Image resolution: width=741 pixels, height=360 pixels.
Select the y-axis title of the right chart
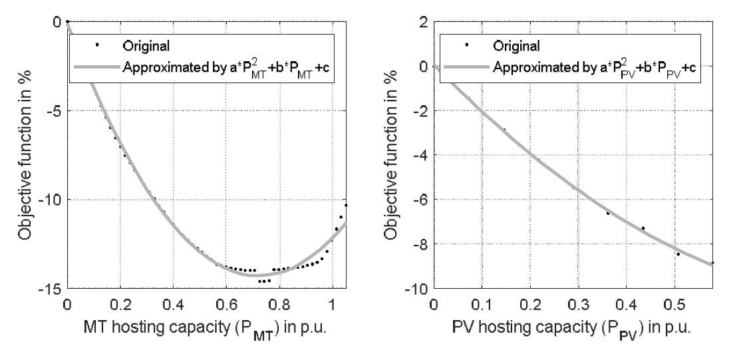[392, 155]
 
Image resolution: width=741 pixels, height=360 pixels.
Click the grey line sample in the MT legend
[97, 66]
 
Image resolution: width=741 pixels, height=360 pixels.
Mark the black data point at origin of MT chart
[67, 22]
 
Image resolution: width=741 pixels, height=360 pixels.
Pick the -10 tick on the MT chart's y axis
[51, 200]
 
